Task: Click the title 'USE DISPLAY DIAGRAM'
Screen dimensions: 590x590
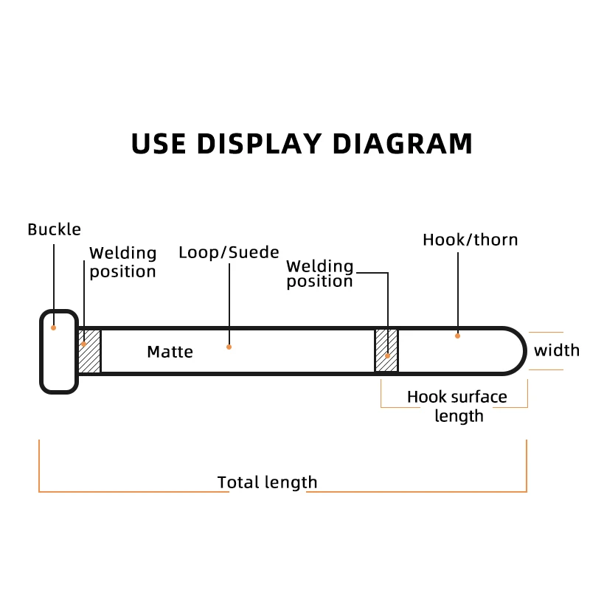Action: tap(302, 143)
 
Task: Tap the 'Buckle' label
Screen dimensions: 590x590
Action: tap(54, 229)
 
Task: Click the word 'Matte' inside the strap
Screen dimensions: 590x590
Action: tap(170, 352)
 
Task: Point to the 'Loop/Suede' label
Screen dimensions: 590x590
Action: tap(229, 252)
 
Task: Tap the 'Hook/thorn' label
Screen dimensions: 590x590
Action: tap(470, 240)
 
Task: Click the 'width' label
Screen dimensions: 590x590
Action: tap(557, 350)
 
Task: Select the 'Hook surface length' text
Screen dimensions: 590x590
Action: tap(457, 406)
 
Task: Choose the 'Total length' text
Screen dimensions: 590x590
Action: tap(267, 482)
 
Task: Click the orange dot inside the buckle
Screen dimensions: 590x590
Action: tap(54, 327)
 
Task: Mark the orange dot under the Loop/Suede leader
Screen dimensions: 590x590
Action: tap(229, 347)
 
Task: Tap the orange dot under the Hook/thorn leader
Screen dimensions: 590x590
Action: tap(458, 336)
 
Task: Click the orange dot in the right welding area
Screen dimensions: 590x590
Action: tap(387, 355)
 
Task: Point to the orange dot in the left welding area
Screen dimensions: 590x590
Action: tap(84, 343)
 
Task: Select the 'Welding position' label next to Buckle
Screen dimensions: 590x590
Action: tap(122, 262)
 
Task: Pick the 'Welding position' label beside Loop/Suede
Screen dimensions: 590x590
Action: tap(319, 273)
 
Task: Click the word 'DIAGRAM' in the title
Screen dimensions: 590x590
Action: tap(399, 143)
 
